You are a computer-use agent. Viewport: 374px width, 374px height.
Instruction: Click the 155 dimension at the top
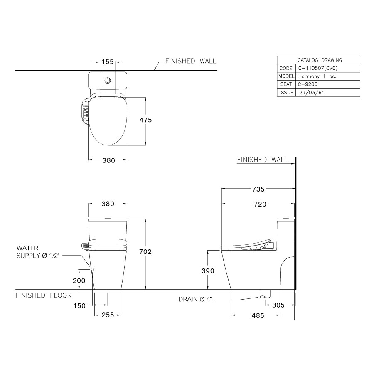click(x=108, y=62)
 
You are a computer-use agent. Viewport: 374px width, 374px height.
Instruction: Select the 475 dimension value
click(x=145, y=120)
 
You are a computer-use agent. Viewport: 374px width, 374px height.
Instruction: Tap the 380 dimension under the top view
click(x=108, y=161)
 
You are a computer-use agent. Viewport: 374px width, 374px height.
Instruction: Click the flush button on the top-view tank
click(x=108, y=80)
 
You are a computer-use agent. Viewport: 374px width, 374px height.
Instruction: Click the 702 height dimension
click(x=145, y=252)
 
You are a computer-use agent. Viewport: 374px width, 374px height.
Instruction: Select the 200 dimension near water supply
click(x=79, y=280)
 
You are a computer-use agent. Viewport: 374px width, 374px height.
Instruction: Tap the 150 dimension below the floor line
click(x=79, y=306)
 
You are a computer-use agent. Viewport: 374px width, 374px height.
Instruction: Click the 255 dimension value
click(x=108, y=315)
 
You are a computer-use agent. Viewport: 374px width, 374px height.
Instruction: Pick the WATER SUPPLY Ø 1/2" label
click(x=38, y=252)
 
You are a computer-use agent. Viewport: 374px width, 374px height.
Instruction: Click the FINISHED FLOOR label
click(x=43, y=295)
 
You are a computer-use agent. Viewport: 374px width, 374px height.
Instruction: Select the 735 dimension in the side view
click(x=258, y=189)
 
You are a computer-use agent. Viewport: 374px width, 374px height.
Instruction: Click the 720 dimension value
click(x=258, y=204)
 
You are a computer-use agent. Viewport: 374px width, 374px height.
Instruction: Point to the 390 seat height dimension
click(x=208, y=271)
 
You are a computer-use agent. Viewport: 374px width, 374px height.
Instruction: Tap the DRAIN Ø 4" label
click(x=195, y=299)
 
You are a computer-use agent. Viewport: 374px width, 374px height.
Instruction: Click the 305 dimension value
click(x=278, y=305)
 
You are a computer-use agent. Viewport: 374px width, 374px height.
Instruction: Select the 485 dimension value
click(x=258, y=316)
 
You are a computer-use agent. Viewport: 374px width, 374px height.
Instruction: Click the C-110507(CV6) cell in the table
click(x=317, y=68)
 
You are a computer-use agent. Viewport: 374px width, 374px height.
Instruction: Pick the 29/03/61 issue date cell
click(x=311, y=93)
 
